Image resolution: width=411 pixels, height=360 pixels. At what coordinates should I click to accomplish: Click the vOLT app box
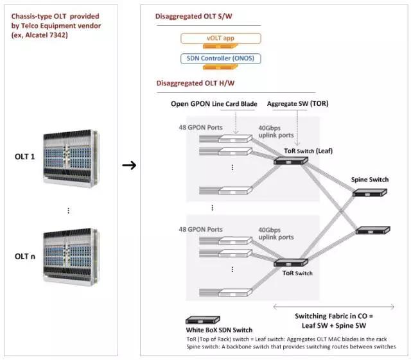220,39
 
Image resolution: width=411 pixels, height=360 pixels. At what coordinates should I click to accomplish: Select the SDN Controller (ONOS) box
220,59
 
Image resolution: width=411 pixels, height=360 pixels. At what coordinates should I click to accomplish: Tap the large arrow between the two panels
129,165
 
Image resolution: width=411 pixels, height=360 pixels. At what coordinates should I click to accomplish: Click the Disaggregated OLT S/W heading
191,16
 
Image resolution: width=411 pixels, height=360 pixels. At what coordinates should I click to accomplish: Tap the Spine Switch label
369,180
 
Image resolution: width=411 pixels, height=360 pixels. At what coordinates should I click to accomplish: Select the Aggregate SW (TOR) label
302,102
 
